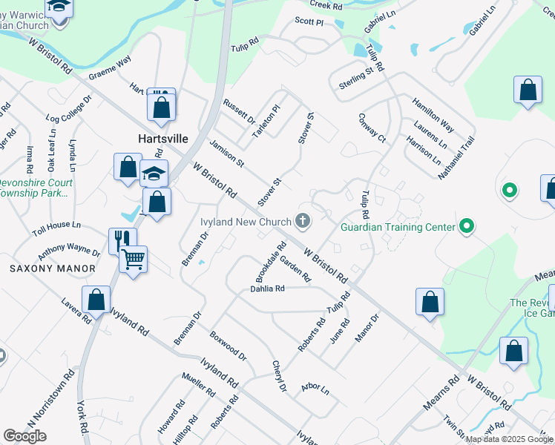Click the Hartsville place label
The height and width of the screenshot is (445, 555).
(162, 139)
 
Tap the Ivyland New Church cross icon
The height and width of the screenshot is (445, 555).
(303, 220)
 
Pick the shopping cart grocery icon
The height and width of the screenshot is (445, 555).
(134, 259)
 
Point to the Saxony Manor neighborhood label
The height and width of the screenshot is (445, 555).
(53, 268)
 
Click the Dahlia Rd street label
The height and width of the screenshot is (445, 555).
(267, 289)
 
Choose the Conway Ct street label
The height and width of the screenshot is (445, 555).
(372, 128)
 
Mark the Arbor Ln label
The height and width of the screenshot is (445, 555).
(315, 388)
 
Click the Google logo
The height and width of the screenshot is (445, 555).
(25, 436)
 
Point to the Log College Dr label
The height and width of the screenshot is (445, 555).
(68, 108)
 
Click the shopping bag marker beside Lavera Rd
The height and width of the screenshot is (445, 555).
(96, 299)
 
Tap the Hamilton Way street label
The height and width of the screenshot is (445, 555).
(433, 112)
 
